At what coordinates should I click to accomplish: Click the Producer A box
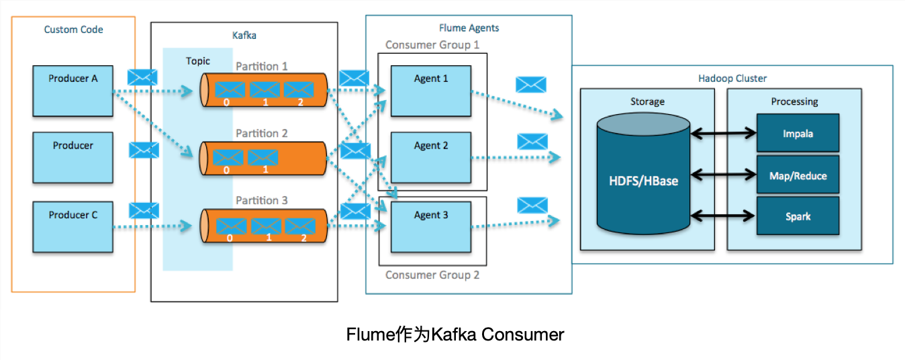pyautogui.click(x=73, y=91)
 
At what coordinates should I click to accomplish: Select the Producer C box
pyautogui.click(x=73, y=227)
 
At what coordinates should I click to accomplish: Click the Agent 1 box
pyautogui.click(x=431, y=91)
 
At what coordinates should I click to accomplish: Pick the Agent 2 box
pyautogui.click(x=431, y=157)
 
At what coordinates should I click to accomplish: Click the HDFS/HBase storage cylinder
pyautogui.click(x=642, y=180)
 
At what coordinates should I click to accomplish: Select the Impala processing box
pyautogui.click(x=798, y=133)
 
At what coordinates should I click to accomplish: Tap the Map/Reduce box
pyautogui.click(x=798, y=175)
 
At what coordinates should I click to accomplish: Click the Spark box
pyautogui.click(x=798, y=216)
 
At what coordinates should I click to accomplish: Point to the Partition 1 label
pyautogui.click(x=261, y=66)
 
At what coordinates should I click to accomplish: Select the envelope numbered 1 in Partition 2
pyautogui.click(x=263, y=158)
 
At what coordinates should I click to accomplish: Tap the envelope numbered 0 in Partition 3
pyautogui.click(x=230, y=226)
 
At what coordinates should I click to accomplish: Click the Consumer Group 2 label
pyautogui.click(x=432, y=275)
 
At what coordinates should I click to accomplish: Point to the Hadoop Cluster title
pyautogui.click(x=732, y=79)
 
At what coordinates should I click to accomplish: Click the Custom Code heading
pyautogui.click(x=73, y=30)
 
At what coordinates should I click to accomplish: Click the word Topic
pyautogui.click(x=197, y=61)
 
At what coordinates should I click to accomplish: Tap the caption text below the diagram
pyautogui.click(x=455, y=334)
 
